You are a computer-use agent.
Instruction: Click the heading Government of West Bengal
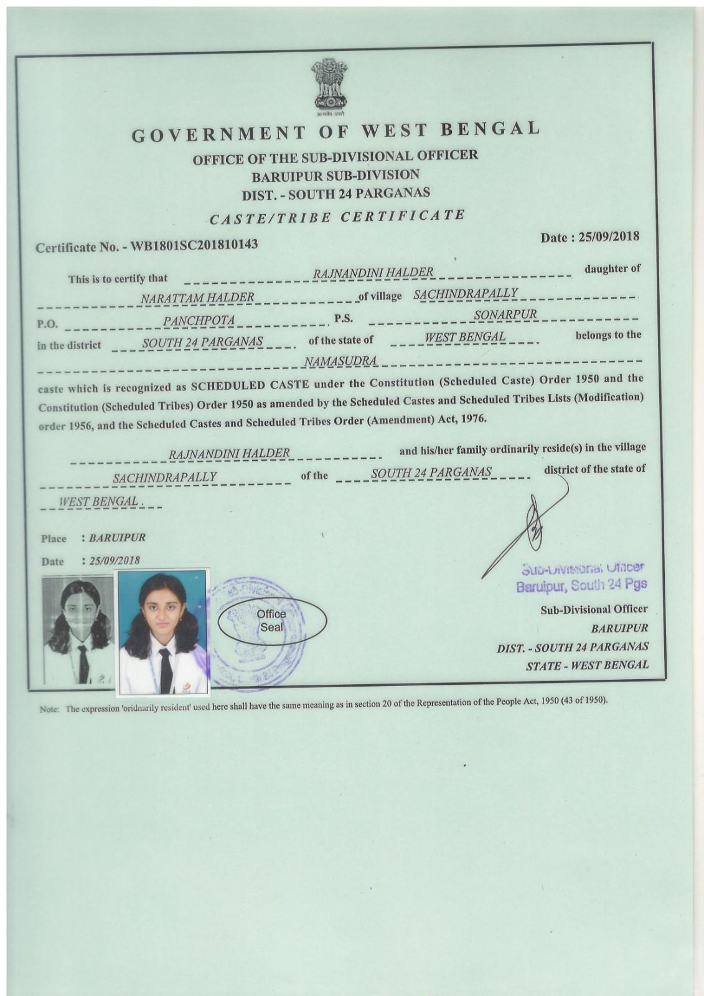(336, 131)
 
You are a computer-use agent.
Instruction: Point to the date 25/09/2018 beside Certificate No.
(607, 237)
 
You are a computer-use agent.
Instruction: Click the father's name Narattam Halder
(197, 298)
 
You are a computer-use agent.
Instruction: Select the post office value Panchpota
(199, 321)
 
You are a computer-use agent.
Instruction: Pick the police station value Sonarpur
(505, 315)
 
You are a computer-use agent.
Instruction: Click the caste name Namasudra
(340, 361)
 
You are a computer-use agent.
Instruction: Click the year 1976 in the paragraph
(471, 419)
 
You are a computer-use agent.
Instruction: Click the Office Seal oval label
(271, 621)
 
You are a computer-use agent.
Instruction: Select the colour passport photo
(163, 631)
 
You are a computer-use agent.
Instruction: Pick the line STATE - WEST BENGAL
(587, 665)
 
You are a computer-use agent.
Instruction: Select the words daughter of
(612, 269)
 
